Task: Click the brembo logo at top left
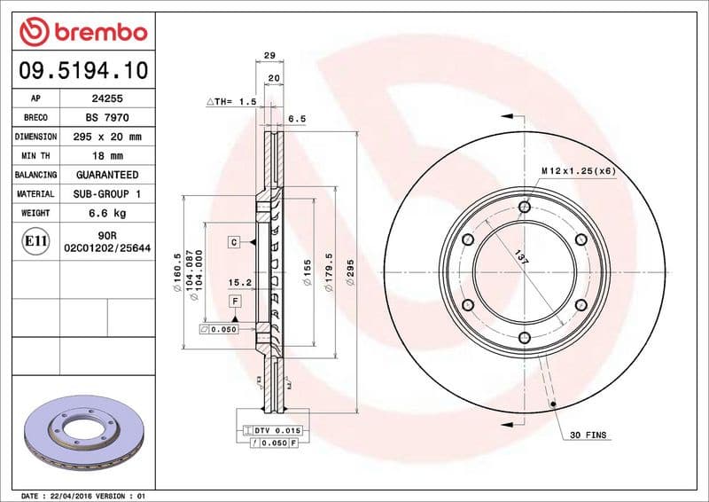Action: pos(82,32)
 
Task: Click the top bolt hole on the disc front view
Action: pos(524,207)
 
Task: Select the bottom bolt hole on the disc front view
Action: pos(524,337)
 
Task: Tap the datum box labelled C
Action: pos(234,242)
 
